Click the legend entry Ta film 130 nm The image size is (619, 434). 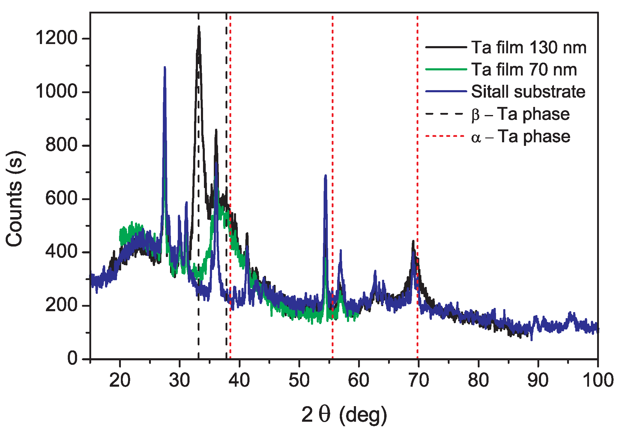click(x=529, y=47)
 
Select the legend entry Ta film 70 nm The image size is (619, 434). click(x=524, y=69)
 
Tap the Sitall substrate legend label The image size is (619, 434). click(x=528, y=91)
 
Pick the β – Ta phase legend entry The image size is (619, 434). click(x=520, y=114)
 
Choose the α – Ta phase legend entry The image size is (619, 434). click(x=521, y=137)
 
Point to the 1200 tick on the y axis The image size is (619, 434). click(x=56, y=38)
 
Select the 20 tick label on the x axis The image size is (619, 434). click(x=120, y=380)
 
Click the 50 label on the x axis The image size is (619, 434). click(x=299, y=380)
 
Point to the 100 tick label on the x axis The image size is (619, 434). click(x=598, y=380)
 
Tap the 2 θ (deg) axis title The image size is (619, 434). click(x=344, y=415)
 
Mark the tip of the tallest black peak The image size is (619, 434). click(x=199, y=26)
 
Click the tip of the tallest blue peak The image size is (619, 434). click(x=165, y=67)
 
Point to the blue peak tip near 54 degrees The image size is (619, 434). click(x=325, y=175)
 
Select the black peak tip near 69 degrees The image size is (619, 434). click(x=413, y=241)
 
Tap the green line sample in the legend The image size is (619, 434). click(x=446, y=69)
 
